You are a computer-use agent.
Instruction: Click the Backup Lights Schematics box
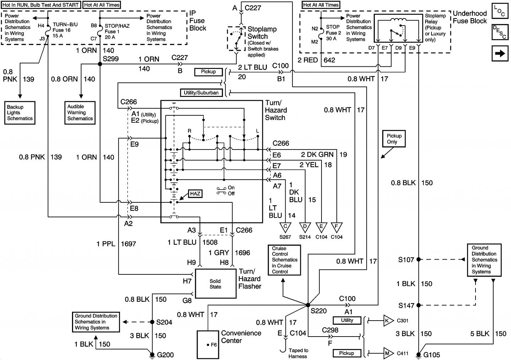[20, 113]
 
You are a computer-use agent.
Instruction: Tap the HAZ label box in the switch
[195, 193]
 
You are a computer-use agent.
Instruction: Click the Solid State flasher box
[215, 284]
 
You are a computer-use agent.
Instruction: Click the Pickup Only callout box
[394, 139]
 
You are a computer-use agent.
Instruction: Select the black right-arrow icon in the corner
[500, 53]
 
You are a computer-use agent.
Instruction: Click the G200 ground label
[165, 355]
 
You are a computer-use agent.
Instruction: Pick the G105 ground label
[432, 355]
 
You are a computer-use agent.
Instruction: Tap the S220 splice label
[319, 311]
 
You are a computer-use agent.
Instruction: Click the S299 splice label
[111, 59]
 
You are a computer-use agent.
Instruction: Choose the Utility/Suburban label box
[201, 93]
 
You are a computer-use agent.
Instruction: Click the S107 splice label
[406, 260]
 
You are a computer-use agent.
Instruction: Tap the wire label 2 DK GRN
[317, 154]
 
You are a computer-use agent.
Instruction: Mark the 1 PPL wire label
[105, 244]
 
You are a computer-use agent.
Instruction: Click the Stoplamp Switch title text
[262, 33]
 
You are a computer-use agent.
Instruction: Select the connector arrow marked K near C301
[388, 321]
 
